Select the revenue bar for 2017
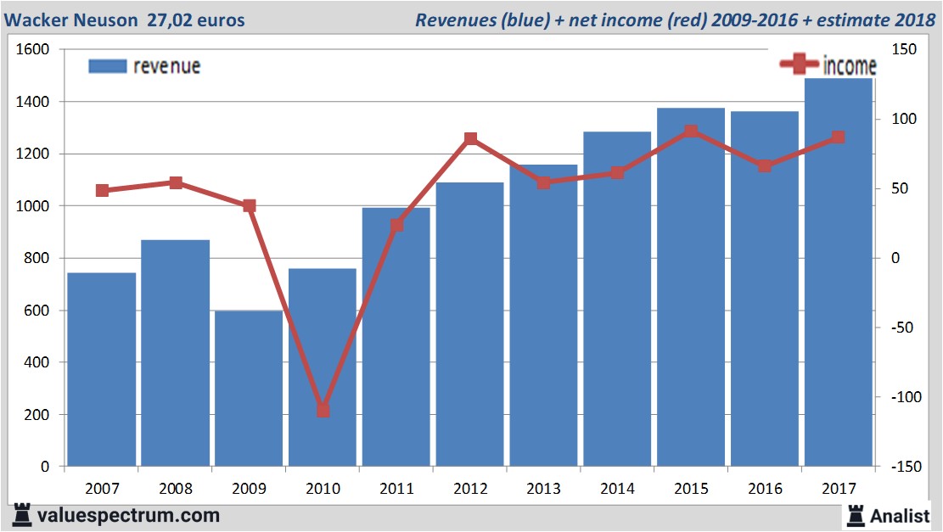coord(839,272)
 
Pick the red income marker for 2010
coord(323,411)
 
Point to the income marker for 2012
coord(470,139)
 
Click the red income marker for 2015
coord(691,132)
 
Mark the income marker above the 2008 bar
coord(176,182)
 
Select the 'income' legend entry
coord(849,65)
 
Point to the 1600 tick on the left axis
coord(33,50)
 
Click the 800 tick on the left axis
coord(36,258)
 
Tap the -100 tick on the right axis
coord(902,397)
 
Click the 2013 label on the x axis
coord(544,489)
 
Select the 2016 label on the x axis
coord(765,489)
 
